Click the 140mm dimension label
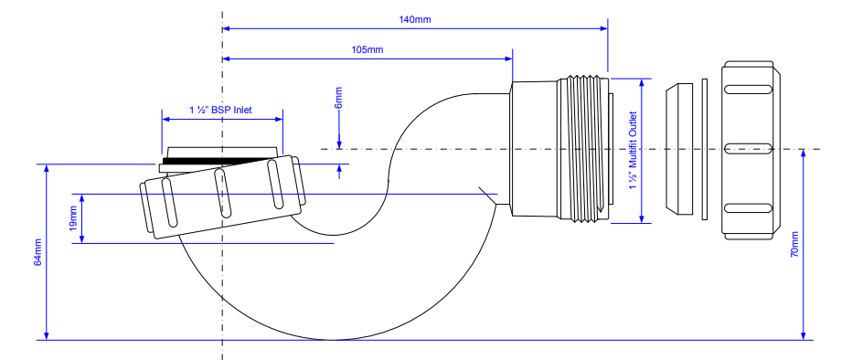(416, 20)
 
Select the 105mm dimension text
(367, 50)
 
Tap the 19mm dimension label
(72, 218)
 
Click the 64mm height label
(37, 251)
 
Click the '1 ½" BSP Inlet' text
(220, 110)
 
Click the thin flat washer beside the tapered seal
(704, 151)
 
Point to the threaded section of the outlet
(585, 148)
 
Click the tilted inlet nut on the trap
(219, 196)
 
